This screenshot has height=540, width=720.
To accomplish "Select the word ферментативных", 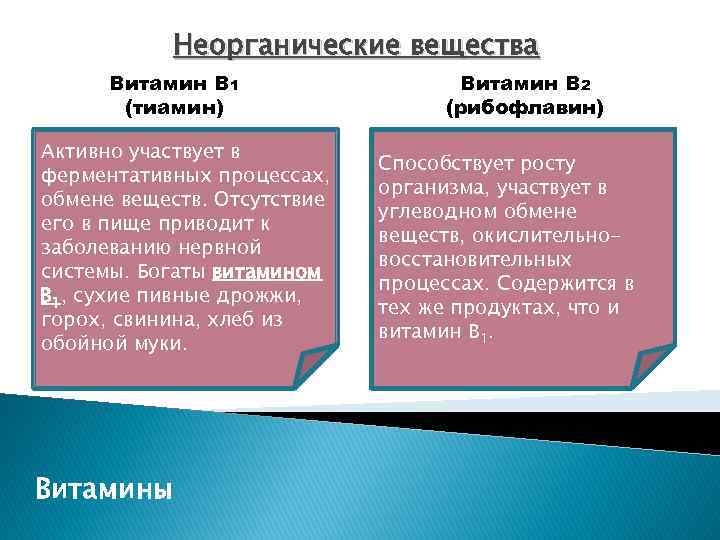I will click(113, 176).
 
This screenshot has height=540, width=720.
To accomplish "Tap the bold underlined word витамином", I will click(267, 271).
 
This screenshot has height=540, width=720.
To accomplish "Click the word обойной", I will click(75, 343).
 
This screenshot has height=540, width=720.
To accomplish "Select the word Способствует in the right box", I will click(441, 164).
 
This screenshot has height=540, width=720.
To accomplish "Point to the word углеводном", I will click(432, 212).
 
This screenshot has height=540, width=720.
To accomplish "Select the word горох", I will click(66, 319).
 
